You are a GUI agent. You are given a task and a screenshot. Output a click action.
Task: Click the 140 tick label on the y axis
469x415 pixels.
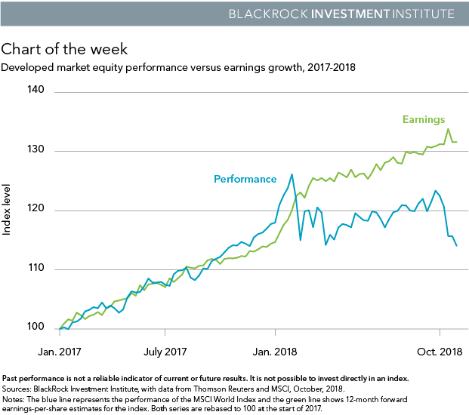[x=36, y=91]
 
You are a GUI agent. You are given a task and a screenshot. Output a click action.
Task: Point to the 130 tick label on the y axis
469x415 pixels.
[x=36, y=150]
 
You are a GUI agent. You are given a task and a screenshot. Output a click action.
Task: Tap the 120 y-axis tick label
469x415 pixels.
[x=36, y=209]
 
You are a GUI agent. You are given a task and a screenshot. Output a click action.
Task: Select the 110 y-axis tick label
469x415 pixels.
[x=36, y=269]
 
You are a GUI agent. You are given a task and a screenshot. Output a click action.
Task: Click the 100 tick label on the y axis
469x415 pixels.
[x=36, y=327]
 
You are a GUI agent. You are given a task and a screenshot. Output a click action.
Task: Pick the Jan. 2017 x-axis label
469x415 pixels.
[x=60, y=352]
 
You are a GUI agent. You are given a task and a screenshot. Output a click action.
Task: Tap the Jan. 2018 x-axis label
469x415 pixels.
[x=274, y=352]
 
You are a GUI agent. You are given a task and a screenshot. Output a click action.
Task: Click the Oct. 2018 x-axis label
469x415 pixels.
[x=440, y=352]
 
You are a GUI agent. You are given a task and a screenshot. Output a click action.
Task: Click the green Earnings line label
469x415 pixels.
[x=423, y=119]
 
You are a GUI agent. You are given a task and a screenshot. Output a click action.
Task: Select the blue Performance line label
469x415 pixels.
[x=245, y=180]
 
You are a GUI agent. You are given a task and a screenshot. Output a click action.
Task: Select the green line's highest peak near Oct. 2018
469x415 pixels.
[x=449, y=128]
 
